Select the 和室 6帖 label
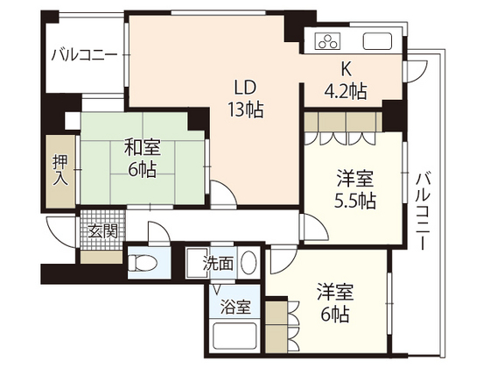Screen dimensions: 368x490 [x=140, y=159]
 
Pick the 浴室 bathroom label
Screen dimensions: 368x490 [x=234, y=308]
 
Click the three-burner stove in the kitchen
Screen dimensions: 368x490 [x=328, y=40]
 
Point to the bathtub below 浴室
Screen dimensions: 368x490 [x=234, y=336]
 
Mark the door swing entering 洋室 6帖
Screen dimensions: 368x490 [x=283, y=259]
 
